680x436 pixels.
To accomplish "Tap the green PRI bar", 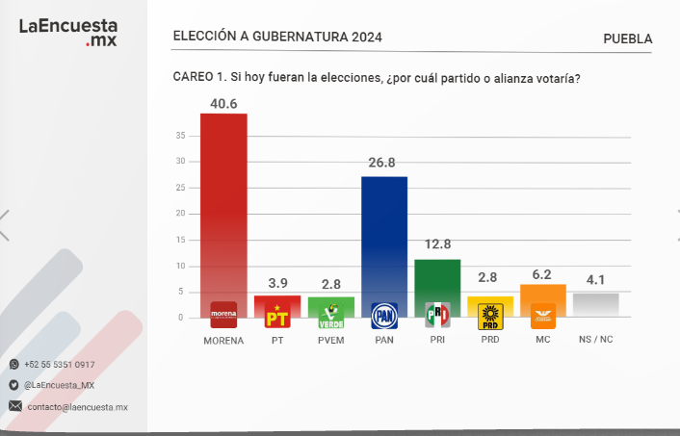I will click(437, 279).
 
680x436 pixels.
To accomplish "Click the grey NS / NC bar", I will click(595, 304).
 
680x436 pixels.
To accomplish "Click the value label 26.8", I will click(383, 164).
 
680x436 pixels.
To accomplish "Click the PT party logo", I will click(277, 316).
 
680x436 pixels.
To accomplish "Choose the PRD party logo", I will click(490, 316).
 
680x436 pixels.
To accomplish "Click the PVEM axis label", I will click(330, 341).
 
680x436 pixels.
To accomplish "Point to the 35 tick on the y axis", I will click(180, 136).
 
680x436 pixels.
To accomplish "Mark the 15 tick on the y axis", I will click(180, 240).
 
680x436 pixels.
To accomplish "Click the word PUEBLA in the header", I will click(627, 38).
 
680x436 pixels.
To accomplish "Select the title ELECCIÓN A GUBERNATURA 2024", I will click(277, 37).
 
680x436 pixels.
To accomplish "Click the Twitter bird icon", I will click(13, 385).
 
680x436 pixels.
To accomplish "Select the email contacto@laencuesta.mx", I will click(77, 407).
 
